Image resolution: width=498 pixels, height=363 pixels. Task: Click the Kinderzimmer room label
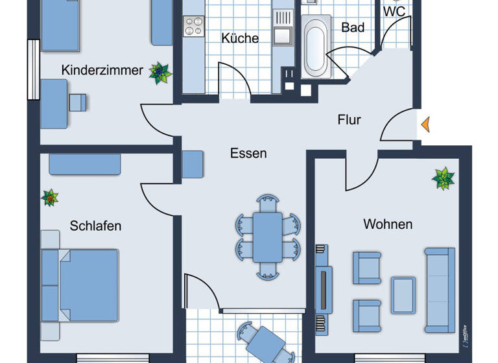[x=102, y=70]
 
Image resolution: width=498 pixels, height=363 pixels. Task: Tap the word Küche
[x=240, y=38]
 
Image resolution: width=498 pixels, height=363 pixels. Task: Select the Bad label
[x=353, y=27]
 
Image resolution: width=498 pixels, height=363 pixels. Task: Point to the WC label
[x=394, y=11]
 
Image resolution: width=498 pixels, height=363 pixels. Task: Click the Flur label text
[x=349, y=120]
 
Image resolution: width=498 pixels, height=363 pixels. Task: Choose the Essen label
[x=248, y=154]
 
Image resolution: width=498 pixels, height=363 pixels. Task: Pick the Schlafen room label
[x=96, y=226]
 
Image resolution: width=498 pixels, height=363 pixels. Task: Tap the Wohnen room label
[x=388, y=224]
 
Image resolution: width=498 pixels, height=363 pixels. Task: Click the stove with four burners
[x=194, y=25]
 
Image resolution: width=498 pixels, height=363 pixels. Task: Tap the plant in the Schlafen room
[x=50, y=198]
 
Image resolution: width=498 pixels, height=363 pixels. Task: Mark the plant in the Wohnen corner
[x=444, y=178]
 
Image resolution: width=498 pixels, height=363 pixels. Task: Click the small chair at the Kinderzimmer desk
[x=78, y=102]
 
